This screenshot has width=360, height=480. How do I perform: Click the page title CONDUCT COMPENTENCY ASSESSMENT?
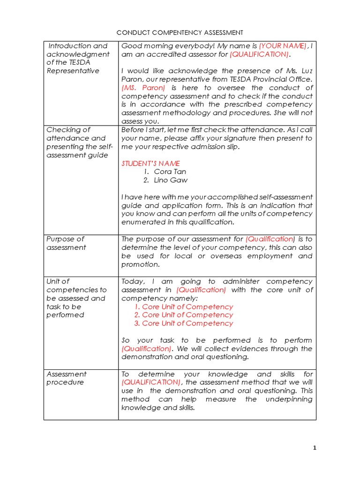point(180,32)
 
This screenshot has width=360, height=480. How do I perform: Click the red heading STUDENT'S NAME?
point(150,164)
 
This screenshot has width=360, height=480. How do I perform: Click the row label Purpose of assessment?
point(66,243)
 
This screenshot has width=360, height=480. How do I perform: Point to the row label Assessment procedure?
point(66,378)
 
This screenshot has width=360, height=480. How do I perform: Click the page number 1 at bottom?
point(315,448)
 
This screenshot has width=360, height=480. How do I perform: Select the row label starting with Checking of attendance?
point(76,138)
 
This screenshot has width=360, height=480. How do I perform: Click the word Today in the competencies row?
point(132,281)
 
